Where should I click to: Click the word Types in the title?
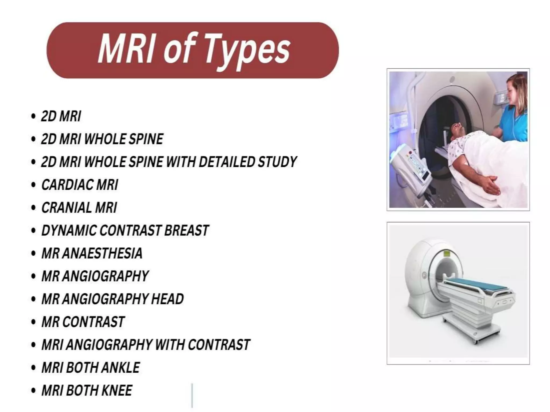tap(247, 50)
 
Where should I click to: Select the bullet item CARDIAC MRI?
tap(80, 185)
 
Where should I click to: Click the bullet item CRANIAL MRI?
tap(79, 208)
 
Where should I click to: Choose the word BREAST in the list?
tap(186, 230)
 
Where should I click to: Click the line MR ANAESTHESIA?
tap(92, 253)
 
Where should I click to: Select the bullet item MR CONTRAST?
tap(83, 322)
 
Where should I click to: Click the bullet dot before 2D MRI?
tap(33, 116)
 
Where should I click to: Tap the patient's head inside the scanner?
tap(457, 131)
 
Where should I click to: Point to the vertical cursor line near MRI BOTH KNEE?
tap(192, 395)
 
